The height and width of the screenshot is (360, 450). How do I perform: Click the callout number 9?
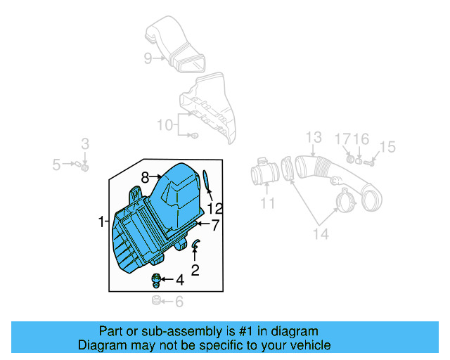pos(148,59)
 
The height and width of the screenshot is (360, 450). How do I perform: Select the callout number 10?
pos(165,125)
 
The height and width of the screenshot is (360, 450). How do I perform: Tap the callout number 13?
pos(313,137)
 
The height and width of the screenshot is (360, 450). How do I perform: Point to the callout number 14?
pos(321,234)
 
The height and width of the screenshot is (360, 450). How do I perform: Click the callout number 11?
pos(268,204)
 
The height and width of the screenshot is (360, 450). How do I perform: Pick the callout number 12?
pos(214,208)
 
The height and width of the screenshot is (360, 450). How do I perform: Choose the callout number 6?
pos(179,302)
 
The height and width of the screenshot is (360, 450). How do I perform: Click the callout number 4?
pos(180,281)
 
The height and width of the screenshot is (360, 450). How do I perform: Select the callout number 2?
pos(195,269)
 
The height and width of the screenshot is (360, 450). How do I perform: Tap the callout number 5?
pos(56,165)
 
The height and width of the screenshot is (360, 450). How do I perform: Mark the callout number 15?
pos(387,147)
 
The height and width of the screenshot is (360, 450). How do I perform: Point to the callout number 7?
pos(215,224)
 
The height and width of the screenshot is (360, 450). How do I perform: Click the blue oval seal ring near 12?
pos(206,179)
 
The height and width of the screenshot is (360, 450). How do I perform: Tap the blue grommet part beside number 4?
pos(157,281)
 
